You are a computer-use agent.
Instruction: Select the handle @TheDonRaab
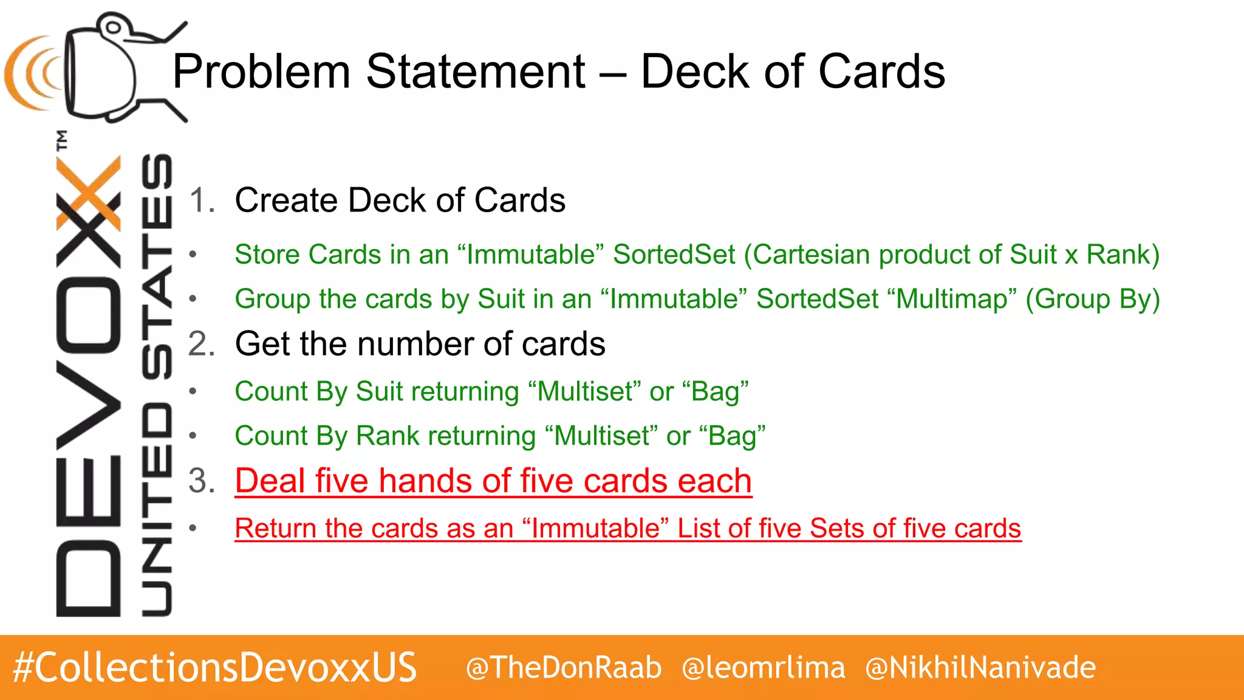[564, 667]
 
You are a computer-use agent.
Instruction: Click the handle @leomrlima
[764, 667]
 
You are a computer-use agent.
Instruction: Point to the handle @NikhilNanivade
[980, 667]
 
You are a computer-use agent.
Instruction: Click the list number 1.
[202, 201]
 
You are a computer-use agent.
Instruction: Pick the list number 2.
[202, 344]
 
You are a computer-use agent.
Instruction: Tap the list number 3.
[202, 481]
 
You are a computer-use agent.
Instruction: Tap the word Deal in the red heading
[270, 481]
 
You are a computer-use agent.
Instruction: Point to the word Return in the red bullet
[275, 529]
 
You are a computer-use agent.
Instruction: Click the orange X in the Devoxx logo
[89, 193]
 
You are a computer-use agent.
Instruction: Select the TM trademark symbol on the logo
[62, 140]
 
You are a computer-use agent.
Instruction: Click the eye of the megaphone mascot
[112, 27]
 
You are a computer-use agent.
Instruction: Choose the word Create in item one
[287, 201]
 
